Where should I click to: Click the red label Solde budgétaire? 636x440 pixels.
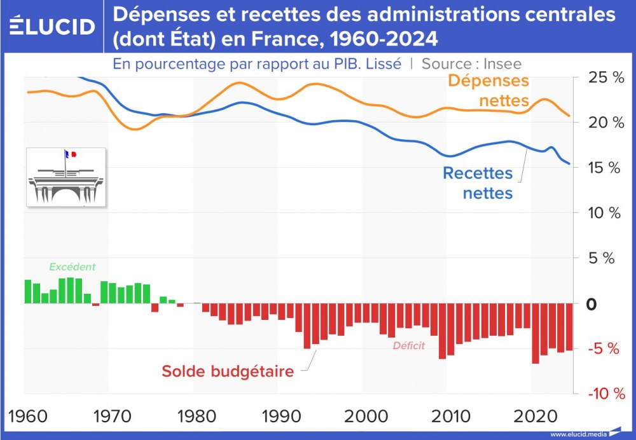click(x=227, y=371)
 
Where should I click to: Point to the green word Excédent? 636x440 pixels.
click(x=72, y=267)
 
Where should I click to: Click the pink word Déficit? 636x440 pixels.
click(x=408, y=347)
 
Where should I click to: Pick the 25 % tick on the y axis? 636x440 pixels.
click(x=599, y=78)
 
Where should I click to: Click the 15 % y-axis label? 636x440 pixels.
click(x=599, y=168)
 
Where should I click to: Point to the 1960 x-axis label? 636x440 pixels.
click(x=29, y=416)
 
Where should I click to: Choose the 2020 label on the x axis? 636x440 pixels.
click(x=531, y=416)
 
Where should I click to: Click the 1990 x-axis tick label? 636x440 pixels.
click(x=279, y=416)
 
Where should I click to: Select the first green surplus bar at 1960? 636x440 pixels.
click(x=28, y=291)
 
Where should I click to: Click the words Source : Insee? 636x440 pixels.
click(x=471, y=64)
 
